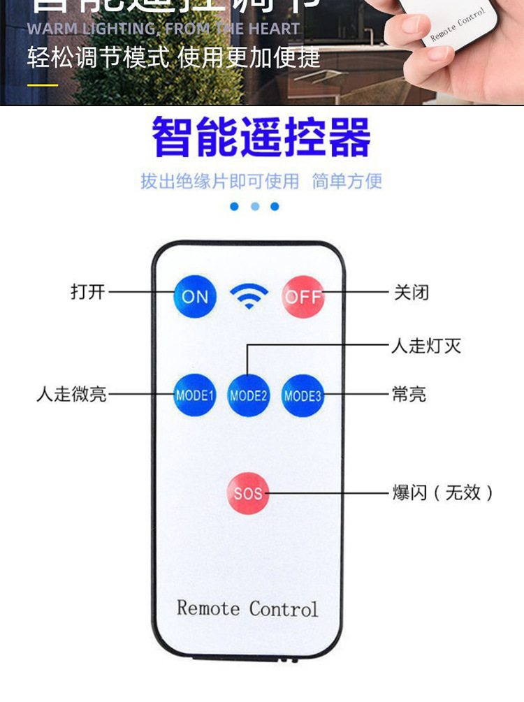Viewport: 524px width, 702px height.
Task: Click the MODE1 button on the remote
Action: [195, 395]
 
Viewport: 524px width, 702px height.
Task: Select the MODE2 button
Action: [249, 395]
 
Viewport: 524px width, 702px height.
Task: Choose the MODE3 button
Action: [303, 395]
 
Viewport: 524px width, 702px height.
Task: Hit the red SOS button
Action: [248, 493]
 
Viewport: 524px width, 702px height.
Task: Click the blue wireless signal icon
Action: [249, 297]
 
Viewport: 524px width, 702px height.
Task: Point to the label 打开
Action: [88, 291]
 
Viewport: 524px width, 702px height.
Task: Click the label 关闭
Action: [412, 292]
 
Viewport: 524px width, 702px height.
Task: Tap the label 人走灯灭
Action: [426, 345]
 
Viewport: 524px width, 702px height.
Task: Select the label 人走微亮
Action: [71, 394]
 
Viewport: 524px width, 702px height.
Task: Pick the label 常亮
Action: [409, 394]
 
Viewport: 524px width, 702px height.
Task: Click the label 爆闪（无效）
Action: [443, 492]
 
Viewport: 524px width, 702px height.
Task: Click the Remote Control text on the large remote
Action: [247, 608]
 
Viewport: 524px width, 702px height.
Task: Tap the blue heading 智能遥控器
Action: [261, 138]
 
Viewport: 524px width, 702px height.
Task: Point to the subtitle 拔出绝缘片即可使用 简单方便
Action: [261, 182]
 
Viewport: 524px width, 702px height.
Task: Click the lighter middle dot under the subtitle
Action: [255, 207]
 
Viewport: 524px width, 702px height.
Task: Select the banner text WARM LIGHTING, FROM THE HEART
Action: [163, 29]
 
